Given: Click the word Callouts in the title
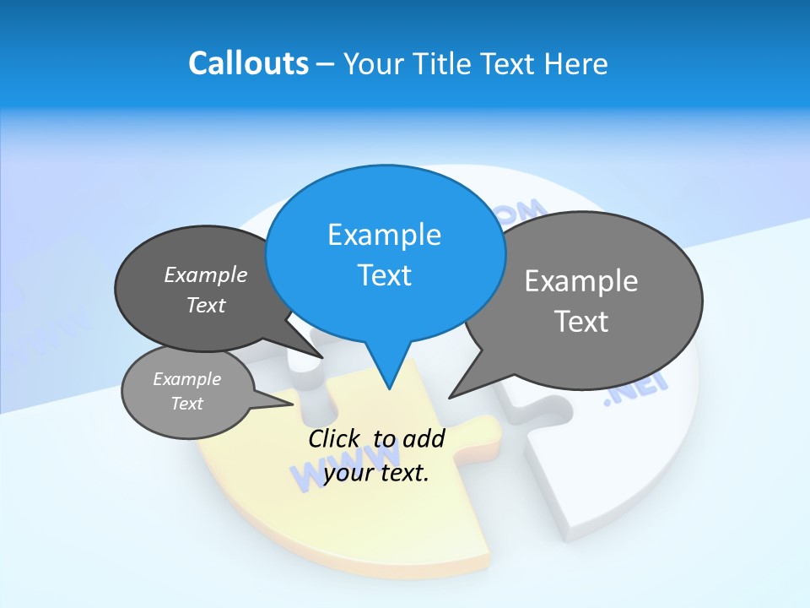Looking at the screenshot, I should (248, 63).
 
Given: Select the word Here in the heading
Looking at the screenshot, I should (576, 63).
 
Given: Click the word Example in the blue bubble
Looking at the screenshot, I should (385, 235).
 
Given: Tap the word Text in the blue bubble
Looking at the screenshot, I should (385, 275).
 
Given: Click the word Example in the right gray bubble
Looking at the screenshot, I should (581, 280).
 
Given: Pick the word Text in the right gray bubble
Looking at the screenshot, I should (581, 322).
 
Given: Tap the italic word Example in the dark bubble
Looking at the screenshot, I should (206, 275).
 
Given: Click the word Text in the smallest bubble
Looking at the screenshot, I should (187, 404).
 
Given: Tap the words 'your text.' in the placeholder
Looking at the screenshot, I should (376, 473).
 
